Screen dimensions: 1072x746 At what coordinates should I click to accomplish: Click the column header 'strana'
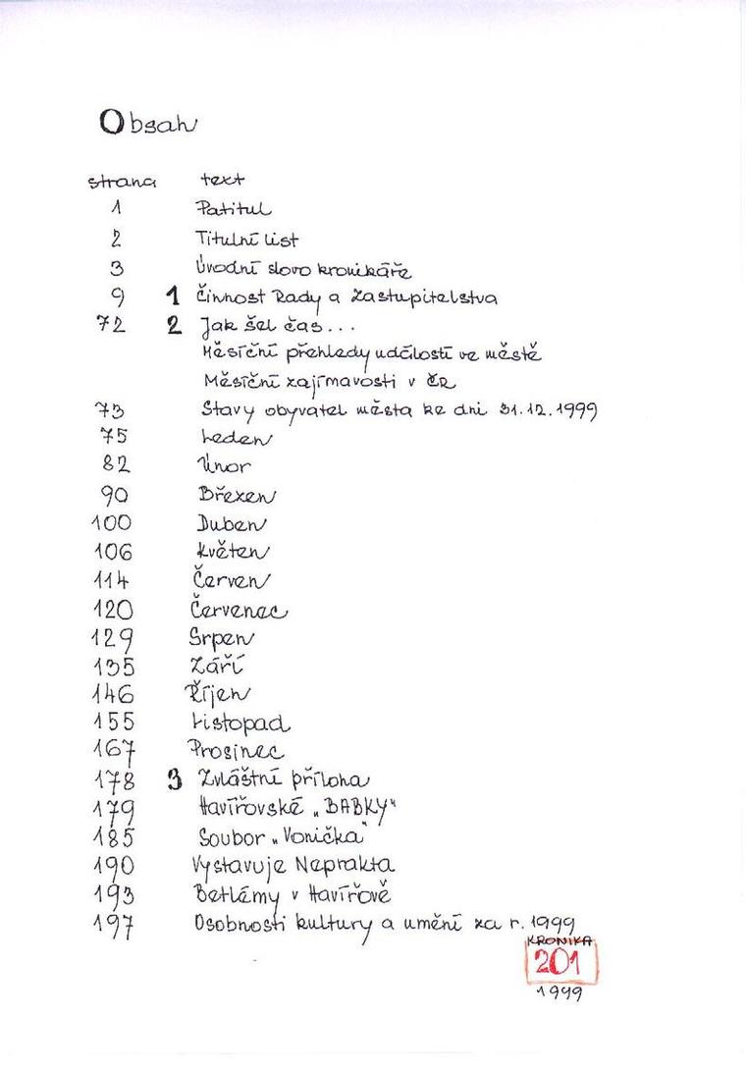click(123, 182)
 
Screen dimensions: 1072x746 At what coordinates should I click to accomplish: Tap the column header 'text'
click(223, 181)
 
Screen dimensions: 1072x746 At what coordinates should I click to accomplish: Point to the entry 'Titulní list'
click(246, 239)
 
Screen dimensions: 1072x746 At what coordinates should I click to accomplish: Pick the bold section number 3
click(175, 781)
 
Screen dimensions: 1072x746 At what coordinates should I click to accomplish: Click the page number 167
click(115, 754)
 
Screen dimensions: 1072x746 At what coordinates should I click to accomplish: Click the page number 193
click(115, 896)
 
